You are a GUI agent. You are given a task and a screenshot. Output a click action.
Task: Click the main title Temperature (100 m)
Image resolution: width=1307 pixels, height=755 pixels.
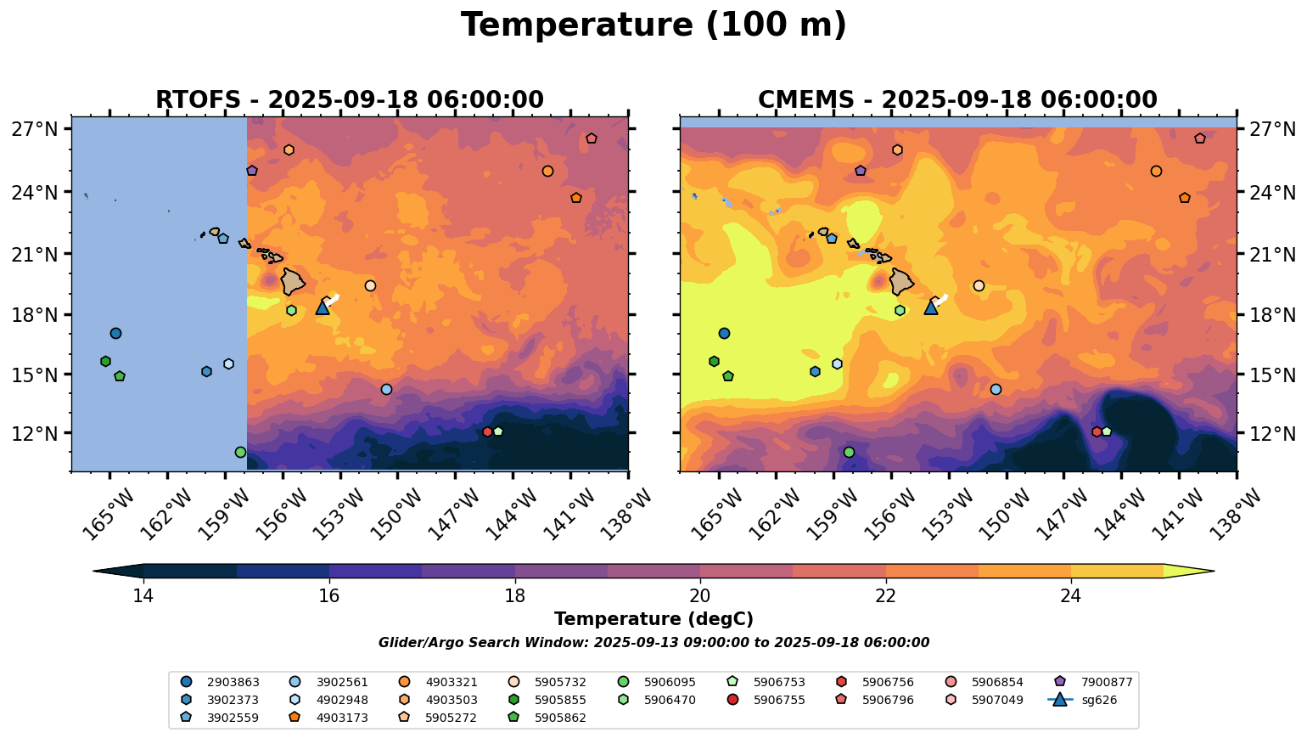click(x=653, y=25)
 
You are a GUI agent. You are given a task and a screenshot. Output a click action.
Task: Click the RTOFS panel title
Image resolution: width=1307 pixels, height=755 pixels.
click(x=349, y=100)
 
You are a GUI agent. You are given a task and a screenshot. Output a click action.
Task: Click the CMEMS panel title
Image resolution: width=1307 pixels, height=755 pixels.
click(x=957, y=100)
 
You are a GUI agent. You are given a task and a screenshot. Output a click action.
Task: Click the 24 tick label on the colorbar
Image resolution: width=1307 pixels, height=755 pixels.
click(x=1071, y=596)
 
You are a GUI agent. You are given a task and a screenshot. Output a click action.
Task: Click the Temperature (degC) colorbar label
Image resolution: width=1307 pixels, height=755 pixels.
click(x=653, y=620)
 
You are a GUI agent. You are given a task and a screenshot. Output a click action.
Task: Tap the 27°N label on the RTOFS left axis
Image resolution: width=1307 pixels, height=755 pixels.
click(x=35, y=130)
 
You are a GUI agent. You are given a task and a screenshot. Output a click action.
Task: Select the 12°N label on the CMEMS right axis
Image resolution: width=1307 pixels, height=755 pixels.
click(x=1272, y=433)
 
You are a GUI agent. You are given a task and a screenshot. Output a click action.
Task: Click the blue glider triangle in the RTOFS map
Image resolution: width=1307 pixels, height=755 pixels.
click(x=323, y=307)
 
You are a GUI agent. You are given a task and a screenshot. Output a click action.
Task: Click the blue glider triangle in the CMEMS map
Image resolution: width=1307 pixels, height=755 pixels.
click(x=931, y=307)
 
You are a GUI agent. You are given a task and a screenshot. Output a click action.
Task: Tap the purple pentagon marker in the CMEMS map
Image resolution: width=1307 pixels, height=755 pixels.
click(x=861, y=171)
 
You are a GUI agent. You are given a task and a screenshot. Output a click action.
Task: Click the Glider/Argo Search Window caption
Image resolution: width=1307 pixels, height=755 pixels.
click(x=653, y=643)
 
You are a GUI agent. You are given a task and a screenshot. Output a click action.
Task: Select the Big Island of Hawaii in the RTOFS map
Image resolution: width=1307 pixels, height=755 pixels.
click(x=293, y=281)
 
